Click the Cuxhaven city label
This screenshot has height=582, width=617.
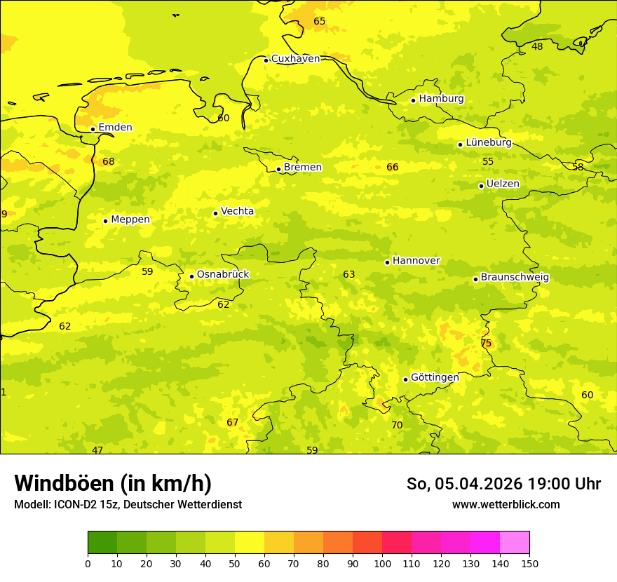click(295, 59)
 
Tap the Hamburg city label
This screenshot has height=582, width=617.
click(441, 99)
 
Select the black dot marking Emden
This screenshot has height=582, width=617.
click(93, 129)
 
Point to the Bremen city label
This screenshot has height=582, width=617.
click(303, 168)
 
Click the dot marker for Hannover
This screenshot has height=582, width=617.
click(387, 262)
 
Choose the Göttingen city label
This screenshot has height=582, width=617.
click(435, 377)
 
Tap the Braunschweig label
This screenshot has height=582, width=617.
click(515, 278)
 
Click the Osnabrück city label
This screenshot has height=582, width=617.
click(223, 275)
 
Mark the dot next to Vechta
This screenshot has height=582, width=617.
click(215, 213)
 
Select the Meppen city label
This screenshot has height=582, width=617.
click(130, 219)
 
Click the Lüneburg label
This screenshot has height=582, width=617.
click(489, 143)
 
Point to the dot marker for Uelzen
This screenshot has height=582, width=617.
click(481, 186)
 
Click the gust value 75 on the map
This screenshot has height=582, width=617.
click(486, 344)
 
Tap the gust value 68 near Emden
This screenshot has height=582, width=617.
click(109, 162)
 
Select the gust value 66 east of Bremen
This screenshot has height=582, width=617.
click(393, 167)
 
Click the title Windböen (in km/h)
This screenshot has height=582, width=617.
click(113, 483)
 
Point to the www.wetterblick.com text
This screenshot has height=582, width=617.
click(506, 505)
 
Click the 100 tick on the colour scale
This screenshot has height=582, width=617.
click(382, 563)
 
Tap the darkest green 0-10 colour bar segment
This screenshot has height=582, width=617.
click(102, 542)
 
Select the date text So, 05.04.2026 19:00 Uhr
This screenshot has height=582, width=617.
click(503, 484)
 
